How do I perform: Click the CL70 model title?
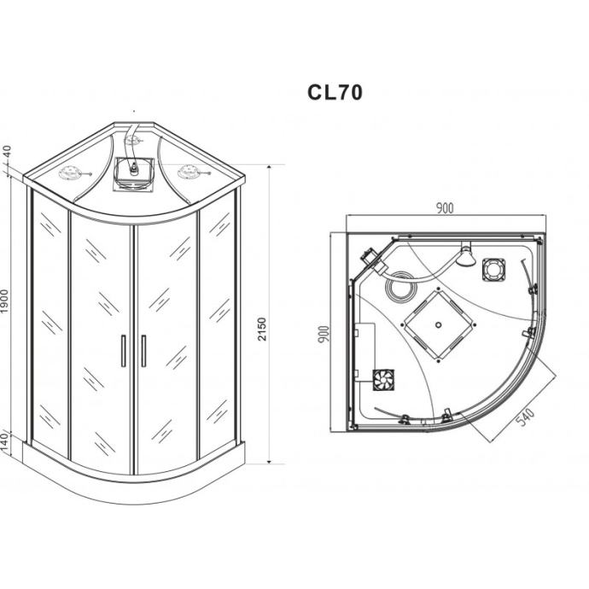pyautogui.click(x=335, y=92)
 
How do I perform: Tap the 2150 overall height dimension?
pyautogui.click(x=262, y=329)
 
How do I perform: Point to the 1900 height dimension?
pyautogui.click(x=4, y=301)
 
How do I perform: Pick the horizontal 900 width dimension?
pyautogui.click(x=445, y=207)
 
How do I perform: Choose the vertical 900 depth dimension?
pyautogui.click(x=324, y=334)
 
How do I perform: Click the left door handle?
pyautogui.click(x=123, y=351)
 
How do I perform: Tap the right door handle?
pyautogui.click(x=143, y=351)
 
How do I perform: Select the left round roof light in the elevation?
pyautogui.click(x=70, y=172)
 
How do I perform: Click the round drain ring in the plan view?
pyautogui.click(x=401, y=286)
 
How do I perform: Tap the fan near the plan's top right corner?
pyautogui.click(x=493, y=270)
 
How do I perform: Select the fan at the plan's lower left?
pyautogui.click(x=383, y=380)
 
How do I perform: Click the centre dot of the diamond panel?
pyautogui.click(x=438, y=325)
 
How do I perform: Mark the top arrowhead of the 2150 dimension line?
pyautogui.click(x=269, y=167)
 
